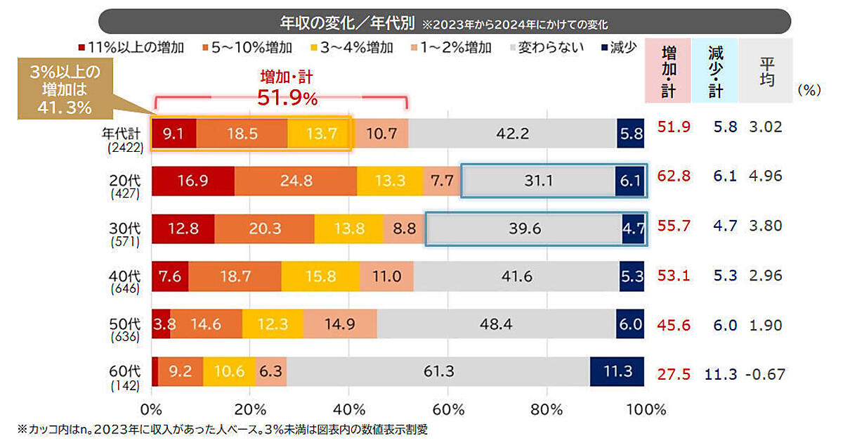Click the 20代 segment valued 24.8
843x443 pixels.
click(x=296, y=181)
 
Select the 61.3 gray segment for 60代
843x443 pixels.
click(x=438, y=371)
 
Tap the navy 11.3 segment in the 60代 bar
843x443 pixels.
click(x=616, y=371)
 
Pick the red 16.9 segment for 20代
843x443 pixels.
click(x=193, y=181)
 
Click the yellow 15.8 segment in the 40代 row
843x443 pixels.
click(x=320, y=276)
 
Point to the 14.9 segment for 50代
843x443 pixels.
click(x=344, y=323)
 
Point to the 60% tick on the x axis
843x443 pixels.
click(x=447, y=409)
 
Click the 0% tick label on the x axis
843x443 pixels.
click(x=152, y=409)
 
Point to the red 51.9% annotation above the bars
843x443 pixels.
click(x=287, y=98)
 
